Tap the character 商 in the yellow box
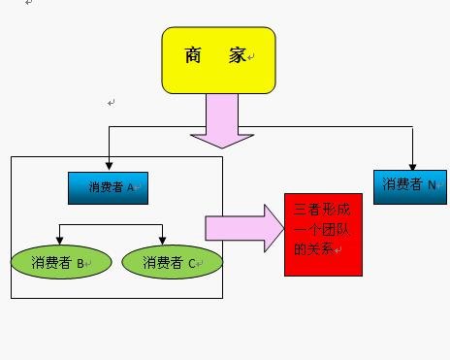click(x=194, y=56)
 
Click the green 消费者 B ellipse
click(x=59, y=262)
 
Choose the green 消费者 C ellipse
click(x=173, y=262)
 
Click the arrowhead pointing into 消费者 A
click(x=110, y=167)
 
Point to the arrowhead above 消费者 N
click(x=412, y=165)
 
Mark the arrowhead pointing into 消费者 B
click(x=60, y=242)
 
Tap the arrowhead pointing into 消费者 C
click(x=163, y=242)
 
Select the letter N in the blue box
click(x=432, y=184)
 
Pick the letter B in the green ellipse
click(x=81, y=263)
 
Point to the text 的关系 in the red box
click(x=312, y=248)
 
